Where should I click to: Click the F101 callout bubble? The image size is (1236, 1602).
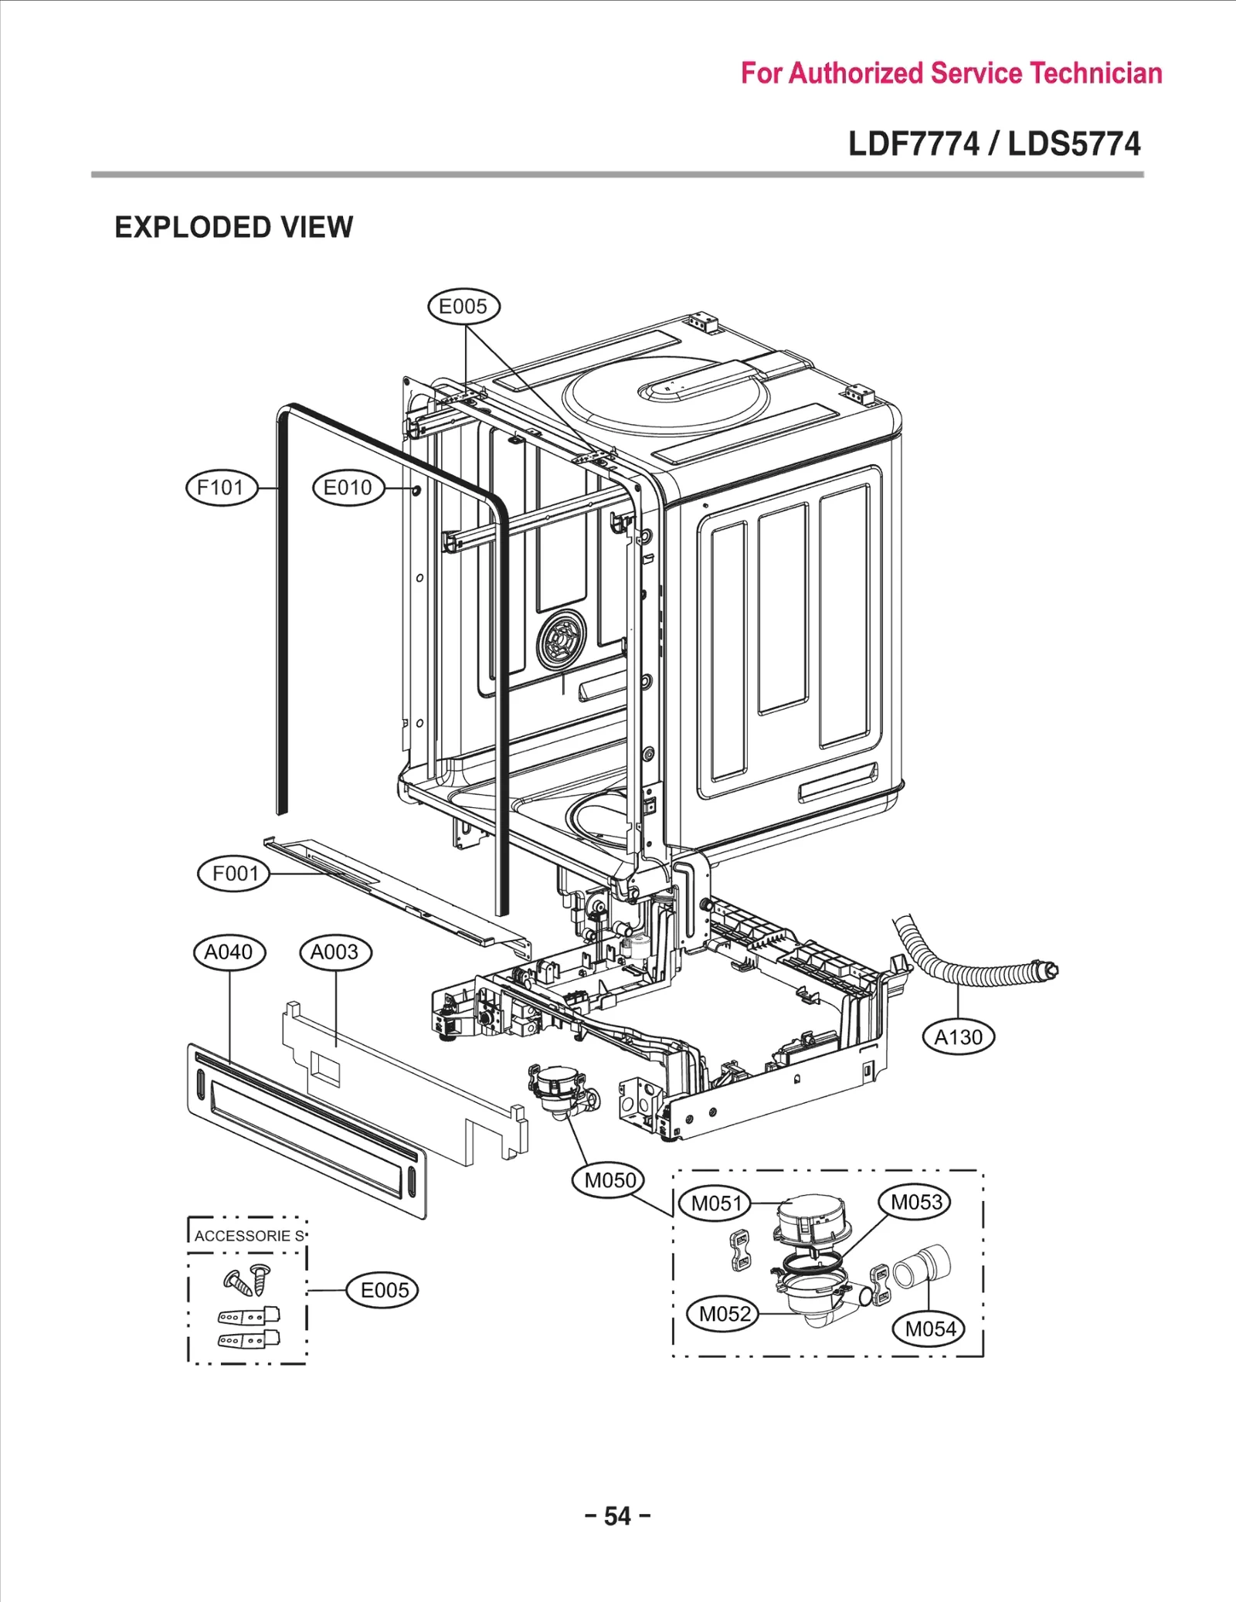pyautogui.click(x=221, y=487)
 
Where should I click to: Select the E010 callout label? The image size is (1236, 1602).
pyautogui.click(x=348, y=487)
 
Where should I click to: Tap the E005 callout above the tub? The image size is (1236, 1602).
pyautogui.click(x=463, y=307)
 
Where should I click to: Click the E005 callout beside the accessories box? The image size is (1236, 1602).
pyautogui.click(x=382, y=1290)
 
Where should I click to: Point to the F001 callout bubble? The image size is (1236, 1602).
pyautogui.click(x=234, y=874)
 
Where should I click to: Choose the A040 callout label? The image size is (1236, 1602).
pyautogui.click(x=229, y=952)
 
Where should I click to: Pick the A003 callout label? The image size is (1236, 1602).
pyautogui.click(x=334, y=952)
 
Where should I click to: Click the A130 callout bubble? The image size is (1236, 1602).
pyautogui.click(x=958, y=1037)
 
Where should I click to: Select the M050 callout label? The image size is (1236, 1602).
pyautogui.click(x=609, y=1179)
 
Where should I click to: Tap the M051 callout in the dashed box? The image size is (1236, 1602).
pyautogui.click(x=715, y=1203)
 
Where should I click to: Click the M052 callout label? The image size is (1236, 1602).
pyautogui.click(x=723, y=1313)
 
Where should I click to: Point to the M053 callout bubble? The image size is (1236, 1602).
pyautogui.click(x=915, y=1202)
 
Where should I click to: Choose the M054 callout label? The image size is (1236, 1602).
pyautogui.click(x=929, y=1329)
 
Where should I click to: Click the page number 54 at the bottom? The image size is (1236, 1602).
pyautogui.click(x=617, y=1515)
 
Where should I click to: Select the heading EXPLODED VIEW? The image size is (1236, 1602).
pyautogui.click(x=233, y=227)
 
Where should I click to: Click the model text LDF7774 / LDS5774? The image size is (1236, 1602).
pyautogui.click(x=993, y=144)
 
